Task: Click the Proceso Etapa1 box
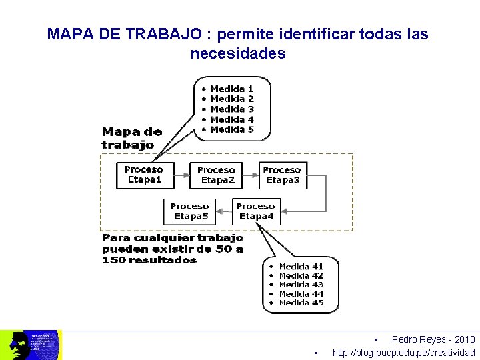click(144, 175)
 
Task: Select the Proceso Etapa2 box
click(216, 175)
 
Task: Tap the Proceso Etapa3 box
click(282, 175)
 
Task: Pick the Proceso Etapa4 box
click(256, 211)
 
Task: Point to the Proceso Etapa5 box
click(189, 211)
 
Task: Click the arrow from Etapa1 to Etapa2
click(181, 176)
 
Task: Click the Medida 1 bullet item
click(231, 89)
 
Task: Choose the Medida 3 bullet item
click(231, 109)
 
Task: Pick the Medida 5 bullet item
click(231, 129)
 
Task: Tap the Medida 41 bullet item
click(301, 267)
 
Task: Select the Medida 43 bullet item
click(301, 285)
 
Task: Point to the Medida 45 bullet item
click(301, 303)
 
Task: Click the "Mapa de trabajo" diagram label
click(131, 138)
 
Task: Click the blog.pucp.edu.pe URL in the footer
click(403, 353)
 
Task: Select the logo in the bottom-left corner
click(30, 345)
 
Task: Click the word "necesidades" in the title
click(237, 53)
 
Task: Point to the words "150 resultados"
click(149, 260)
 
